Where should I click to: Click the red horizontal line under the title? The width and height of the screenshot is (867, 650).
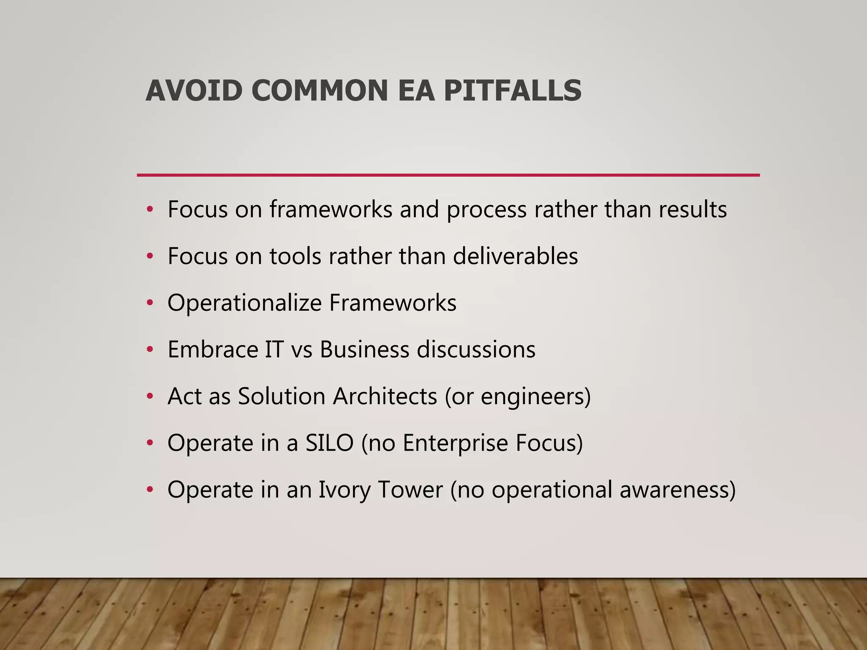click(448, 175)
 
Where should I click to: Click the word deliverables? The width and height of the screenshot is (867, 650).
click(515, 256)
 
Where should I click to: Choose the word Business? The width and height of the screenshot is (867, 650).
click(364, 350)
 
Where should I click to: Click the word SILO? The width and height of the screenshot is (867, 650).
click(329, 443)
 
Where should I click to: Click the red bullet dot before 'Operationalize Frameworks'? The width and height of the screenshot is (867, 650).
click(149, 303)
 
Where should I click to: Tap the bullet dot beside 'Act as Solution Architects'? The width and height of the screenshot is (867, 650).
click(149, 397)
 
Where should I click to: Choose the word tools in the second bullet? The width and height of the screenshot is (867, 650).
click(295, 256)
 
